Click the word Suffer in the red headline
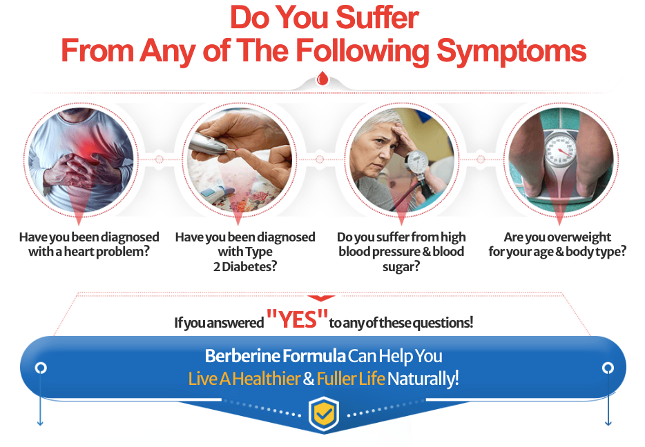tap(377, 18)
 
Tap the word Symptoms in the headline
tap(511, 51)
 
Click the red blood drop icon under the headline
tap(323, 78)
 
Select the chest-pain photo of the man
tap(81, 159)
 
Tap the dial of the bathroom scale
tap(559, 149)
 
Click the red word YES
tap(298, 319)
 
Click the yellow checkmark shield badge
tap(323, 415)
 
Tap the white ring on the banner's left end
tap(40, 368)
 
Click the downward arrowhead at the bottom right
tap(608, 422)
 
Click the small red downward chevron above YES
tap(321, 298)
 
